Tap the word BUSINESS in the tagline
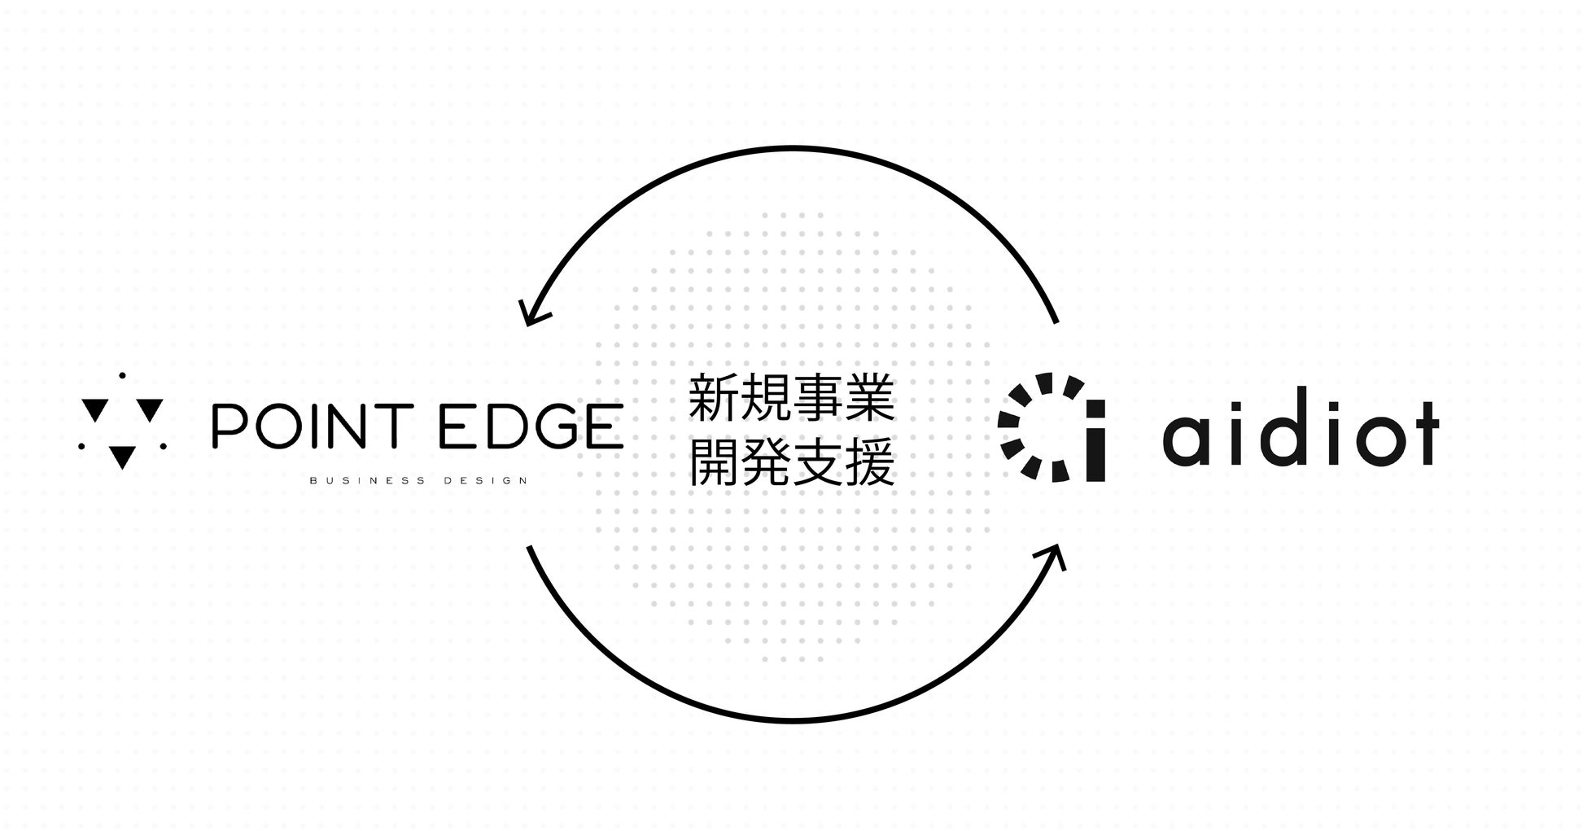(367, 481)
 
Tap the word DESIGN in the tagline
(486, 481)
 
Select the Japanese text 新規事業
(792, 398)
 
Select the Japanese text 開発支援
(792, 463)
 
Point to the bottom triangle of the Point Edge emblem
(122, 457)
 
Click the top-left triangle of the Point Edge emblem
(95, 409)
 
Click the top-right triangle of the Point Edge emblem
(151, 409)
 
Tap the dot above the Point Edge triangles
(122, 375)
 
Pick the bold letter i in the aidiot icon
(1095, 440)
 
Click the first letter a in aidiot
(1187, 440)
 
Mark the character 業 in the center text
(870, 398)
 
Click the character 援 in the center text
(870, 463)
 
